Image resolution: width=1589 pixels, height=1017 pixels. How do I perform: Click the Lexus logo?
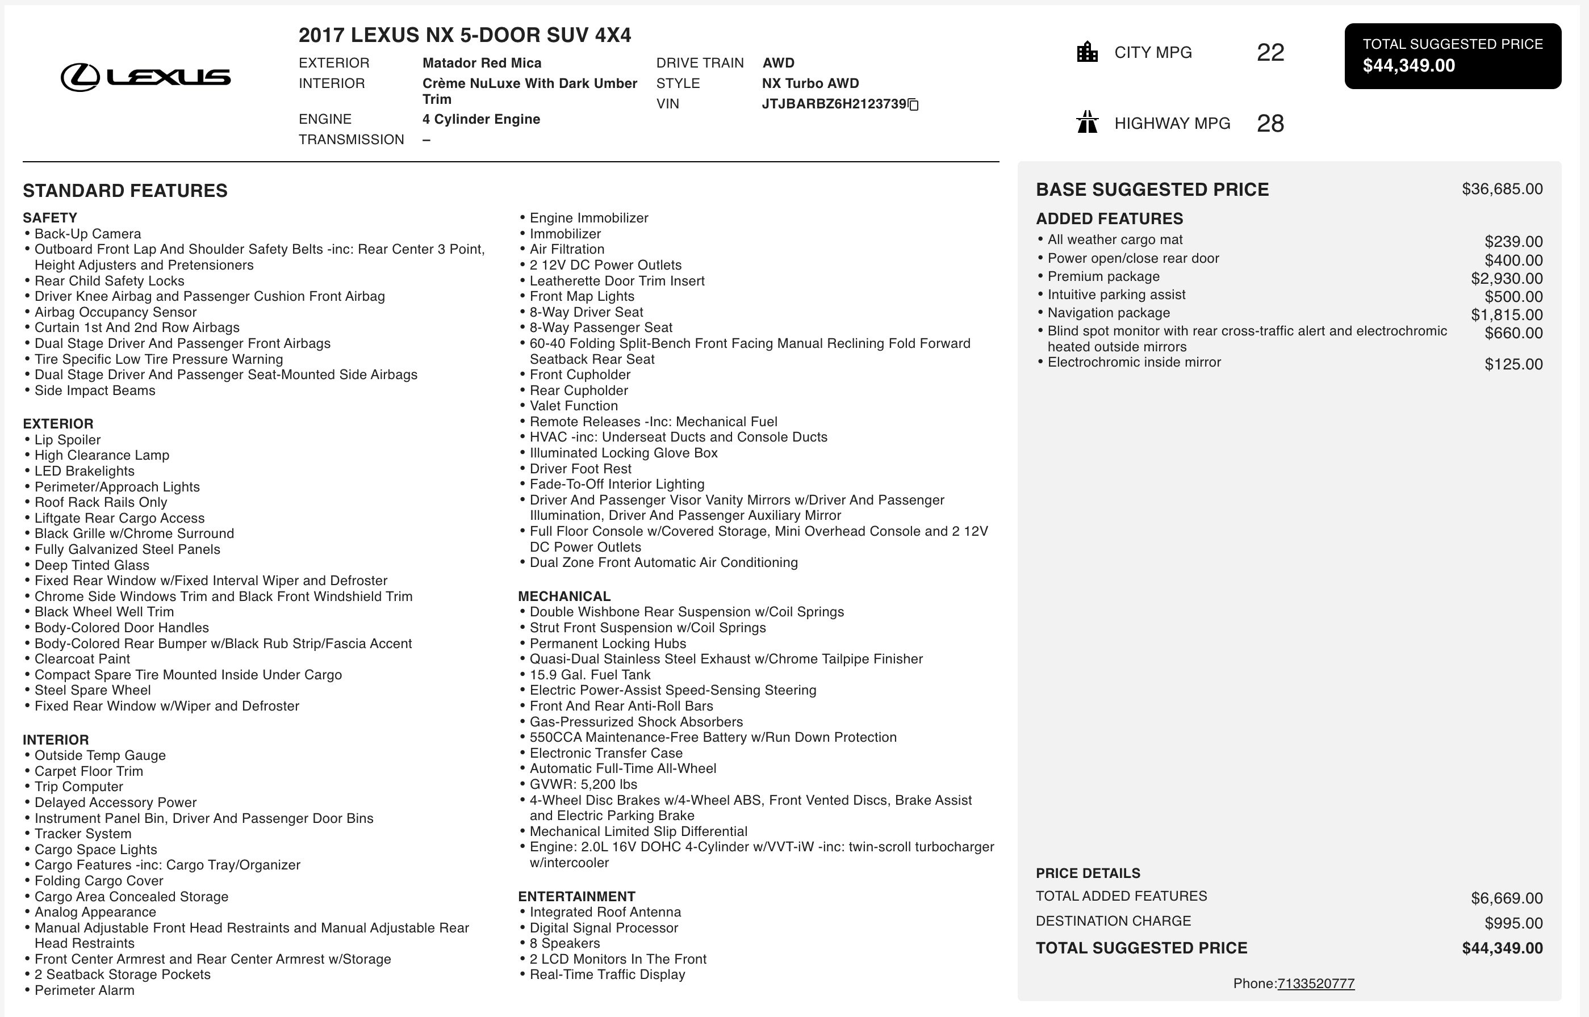pos(145,77)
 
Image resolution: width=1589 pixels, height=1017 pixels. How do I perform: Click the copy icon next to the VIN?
pos(914,104)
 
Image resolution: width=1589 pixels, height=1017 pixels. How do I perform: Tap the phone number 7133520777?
pos(1315,984)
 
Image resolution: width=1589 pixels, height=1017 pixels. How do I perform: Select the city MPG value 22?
pos(1270,53)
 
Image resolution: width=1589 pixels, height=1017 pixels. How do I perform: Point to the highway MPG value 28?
pos(1270,124)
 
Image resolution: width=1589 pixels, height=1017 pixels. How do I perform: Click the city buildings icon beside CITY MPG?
pos(1087,52)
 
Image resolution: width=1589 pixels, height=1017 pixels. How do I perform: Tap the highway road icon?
pos(1087,122)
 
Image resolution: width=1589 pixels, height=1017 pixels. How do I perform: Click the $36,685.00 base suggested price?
pos(1502,190)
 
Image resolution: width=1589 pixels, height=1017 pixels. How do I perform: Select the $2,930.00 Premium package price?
pos(1507,279)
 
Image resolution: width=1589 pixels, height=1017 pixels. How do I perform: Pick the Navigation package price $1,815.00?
pos(1507,315)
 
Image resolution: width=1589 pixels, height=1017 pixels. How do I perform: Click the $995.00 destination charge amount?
pos(1513,923)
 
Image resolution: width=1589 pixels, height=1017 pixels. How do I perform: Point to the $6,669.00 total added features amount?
pos(1507,898)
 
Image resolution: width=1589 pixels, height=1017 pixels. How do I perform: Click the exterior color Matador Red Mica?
pos(482,63)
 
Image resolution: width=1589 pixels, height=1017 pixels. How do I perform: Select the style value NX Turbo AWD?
pos(810,83)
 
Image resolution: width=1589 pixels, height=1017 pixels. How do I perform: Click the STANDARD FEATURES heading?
pos(125,191)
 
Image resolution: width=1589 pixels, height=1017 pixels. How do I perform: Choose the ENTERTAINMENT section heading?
pos(576,896)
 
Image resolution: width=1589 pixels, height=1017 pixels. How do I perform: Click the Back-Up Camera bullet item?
pos(87,234)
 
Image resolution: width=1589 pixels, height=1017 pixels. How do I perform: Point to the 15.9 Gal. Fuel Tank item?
pos(589,675)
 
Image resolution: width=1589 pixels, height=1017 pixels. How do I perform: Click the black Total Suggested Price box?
pos(1452,56)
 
